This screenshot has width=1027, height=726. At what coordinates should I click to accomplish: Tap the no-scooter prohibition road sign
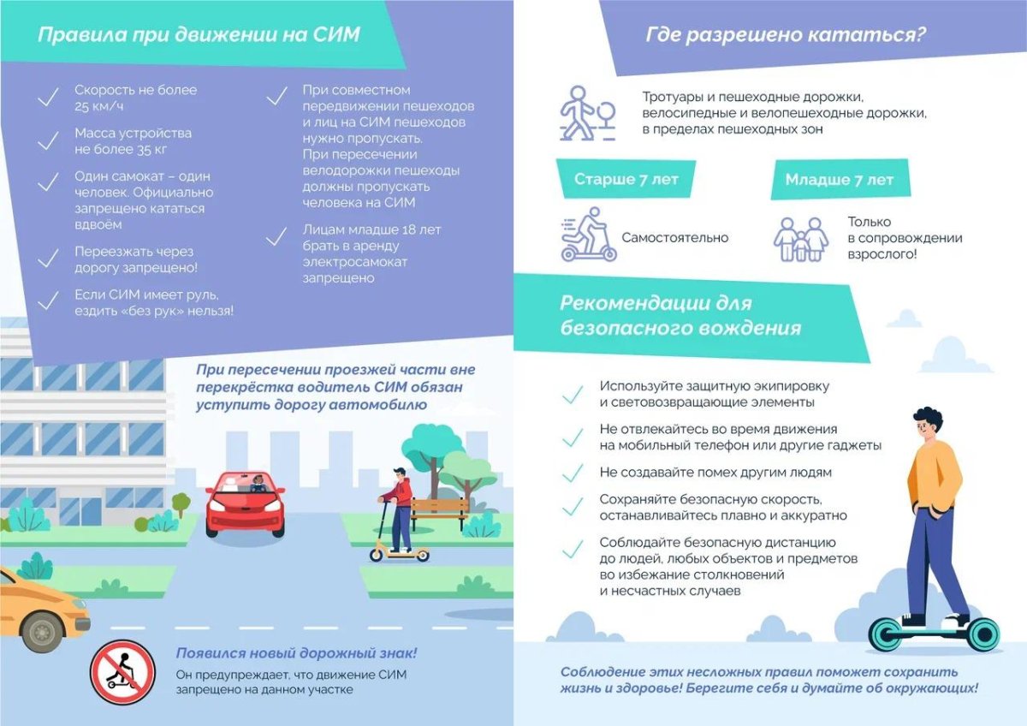[122, 671]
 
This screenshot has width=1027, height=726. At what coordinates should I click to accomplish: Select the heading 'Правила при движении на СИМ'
[199, 36]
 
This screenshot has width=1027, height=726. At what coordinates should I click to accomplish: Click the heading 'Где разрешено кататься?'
[786, 36]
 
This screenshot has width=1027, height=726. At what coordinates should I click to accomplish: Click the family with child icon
[802, 239]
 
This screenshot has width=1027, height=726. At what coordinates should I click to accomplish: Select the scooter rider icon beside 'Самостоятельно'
[587, 235]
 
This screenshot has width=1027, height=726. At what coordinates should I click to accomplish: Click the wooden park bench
[440, 510]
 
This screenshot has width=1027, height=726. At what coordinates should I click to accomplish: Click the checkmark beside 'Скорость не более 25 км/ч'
[49, 97]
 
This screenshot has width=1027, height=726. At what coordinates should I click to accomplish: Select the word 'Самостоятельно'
[675, 238]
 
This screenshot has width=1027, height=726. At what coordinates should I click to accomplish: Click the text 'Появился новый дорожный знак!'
[296, 653]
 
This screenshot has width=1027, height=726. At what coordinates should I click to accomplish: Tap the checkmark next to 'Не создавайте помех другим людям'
[571, 473]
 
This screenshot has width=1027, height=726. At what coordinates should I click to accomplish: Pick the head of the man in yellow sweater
[927, 424]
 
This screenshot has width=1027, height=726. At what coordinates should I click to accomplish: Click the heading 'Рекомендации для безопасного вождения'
[681, 315]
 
